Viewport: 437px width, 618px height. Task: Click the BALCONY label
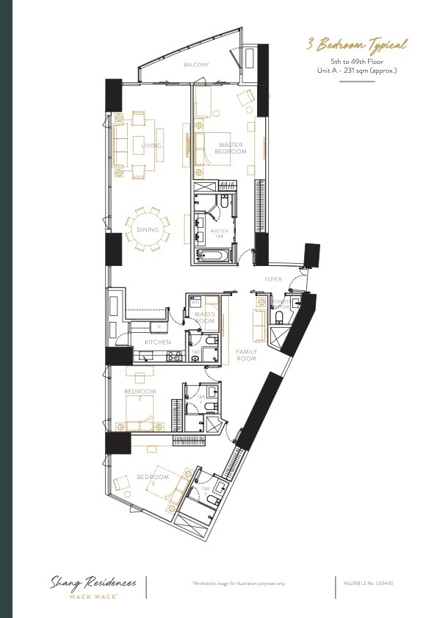coord(196,65)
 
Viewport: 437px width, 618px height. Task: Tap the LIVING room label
coord(151,146)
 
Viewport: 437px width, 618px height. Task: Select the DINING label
coord(148,230)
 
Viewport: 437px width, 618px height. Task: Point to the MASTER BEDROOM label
coord(231,148)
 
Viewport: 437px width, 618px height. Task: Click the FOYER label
coord(273,280)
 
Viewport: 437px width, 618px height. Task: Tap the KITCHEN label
coord(158,342)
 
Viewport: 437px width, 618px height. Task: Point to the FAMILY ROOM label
coord(246,355)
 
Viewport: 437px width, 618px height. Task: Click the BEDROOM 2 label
coord(137,395)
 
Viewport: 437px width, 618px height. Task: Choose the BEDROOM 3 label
coord(153,480)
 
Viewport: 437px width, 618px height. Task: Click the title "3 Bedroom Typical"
coord(357,45)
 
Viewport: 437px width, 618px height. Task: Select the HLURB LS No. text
coord(369,583)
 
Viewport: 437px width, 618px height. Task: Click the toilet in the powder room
coord(279,317)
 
